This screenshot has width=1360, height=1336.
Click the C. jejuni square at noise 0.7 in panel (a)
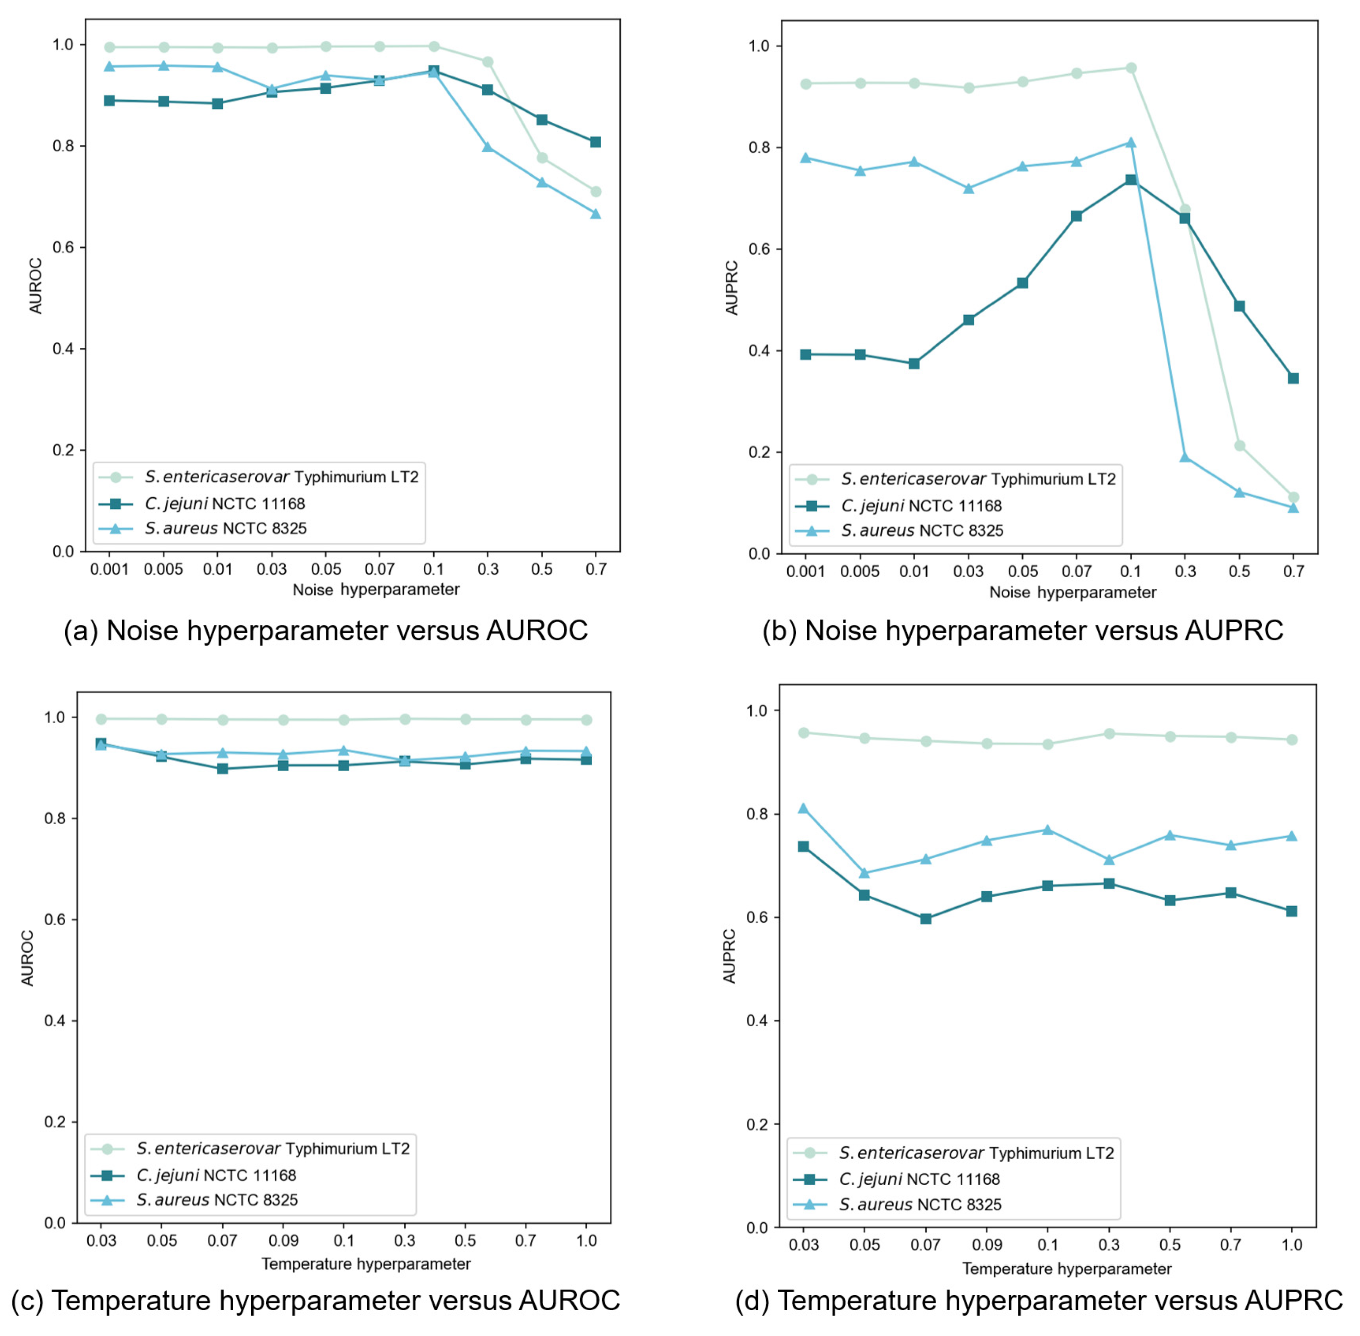595,143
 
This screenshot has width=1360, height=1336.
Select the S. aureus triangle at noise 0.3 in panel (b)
1185,457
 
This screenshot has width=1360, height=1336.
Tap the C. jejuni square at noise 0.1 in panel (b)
1130,180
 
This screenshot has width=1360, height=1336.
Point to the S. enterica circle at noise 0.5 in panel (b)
1240,446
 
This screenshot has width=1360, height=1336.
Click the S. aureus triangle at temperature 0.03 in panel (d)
803,808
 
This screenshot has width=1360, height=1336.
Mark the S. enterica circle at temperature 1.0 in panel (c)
586,720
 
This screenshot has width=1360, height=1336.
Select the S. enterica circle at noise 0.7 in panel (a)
595,192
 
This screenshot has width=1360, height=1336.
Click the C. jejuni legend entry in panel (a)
225,503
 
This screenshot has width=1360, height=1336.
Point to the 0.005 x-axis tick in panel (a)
163,569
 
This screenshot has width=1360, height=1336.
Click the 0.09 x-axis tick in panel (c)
283,1240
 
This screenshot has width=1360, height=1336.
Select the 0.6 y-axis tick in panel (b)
759,249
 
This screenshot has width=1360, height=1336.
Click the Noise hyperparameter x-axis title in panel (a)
375,589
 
